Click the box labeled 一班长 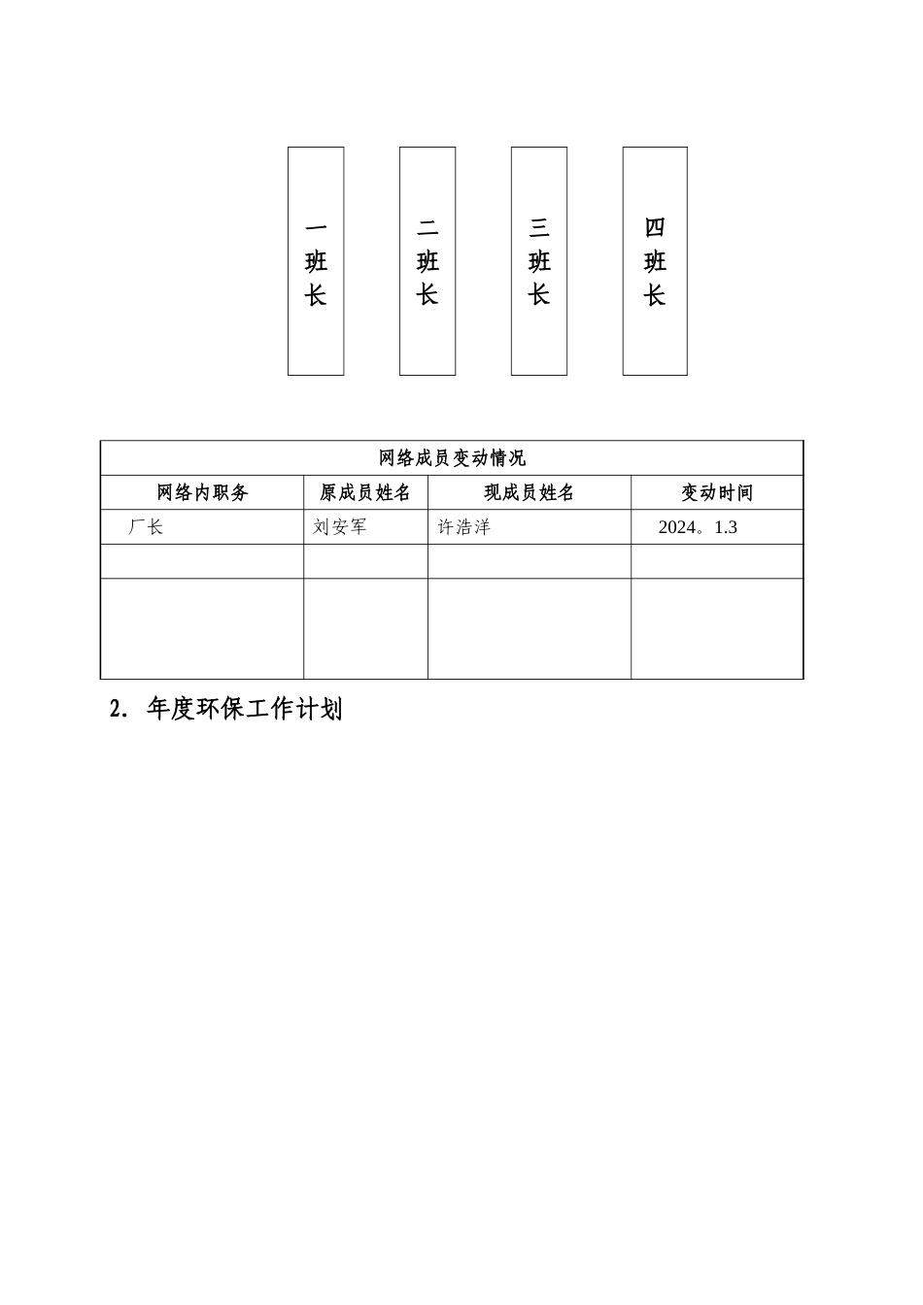316,261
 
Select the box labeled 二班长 427,261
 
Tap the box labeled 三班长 539,261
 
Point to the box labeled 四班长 655,261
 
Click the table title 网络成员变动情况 452,458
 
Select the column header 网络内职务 202,493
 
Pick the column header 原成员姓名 365,493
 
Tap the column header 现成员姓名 530,493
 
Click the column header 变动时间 717,493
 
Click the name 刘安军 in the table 339,528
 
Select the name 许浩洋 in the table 463,528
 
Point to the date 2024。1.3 698,528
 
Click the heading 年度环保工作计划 244,710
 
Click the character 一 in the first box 316,228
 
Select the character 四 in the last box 655,228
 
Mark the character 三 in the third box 539,228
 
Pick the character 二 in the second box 427,228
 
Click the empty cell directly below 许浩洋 530,562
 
